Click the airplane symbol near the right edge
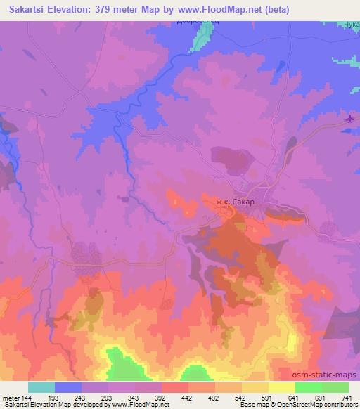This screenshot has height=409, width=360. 350,118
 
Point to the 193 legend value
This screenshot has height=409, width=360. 55,397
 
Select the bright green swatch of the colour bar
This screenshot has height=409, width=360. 308,387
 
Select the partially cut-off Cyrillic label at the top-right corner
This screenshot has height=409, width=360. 350,26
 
